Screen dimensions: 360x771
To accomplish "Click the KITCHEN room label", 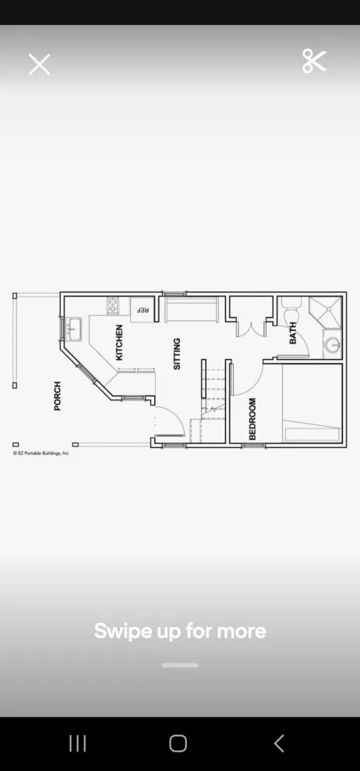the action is point(119,343).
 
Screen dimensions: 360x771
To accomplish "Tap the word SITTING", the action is point(177,354).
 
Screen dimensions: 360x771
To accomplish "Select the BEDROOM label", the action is point(252,419).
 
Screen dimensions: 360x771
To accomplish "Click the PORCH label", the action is point(58,396).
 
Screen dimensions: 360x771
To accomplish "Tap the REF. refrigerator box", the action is point(143,310).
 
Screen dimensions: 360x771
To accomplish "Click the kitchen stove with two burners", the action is point(113,306).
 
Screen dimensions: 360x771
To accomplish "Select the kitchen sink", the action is point(75,329).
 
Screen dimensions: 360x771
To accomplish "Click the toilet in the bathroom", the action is point(291,309).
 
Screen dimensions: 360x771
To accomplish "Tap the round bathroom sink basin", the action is point(333,345).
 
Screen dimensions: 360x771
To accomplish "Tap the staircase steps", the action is point(213,389).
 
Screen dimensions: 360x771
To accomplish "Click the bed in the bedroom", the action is point(312,403).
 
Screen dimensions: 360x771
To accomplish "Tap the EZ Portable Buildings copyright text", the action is point(41,452).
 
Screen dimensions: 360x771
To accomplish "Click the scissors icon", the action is point(314,62).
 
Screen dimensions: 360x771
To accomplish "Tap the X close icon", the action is point(39,65).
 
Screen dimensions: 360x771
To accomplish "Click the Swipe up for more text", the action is point(180,631).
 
